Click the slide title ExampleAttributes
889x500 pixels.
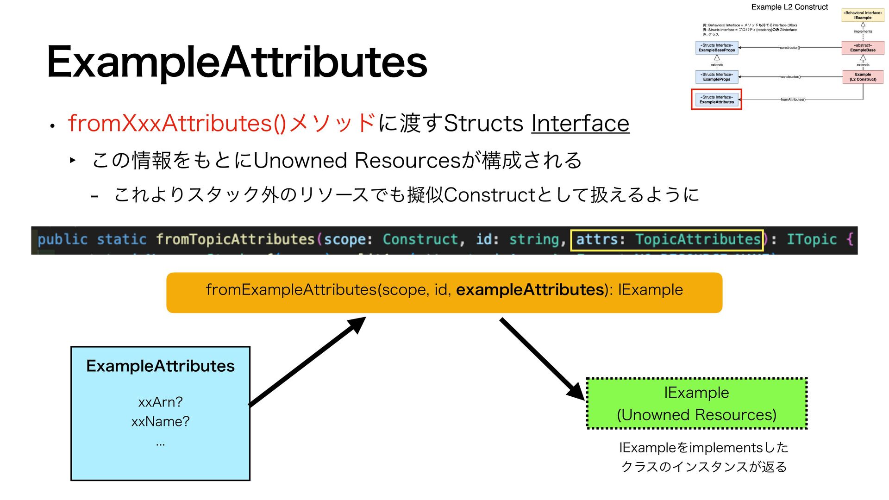coord(237,62)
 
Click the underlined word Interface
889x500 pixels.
coord(580,123)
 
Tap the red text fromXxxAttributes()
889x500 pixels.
coord(177,123)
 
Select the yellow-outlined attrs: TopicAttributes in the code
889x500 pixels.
coord(667,239)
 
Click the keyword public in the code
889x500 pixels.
coord(63,239)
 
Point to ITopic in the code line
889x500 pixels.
coord(811,239)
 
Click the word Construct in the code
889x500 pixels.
coord(420,239)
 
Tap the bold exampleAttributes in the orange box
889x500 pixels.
coord(530,290)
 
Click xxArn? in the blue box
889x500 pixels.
coord(160,402)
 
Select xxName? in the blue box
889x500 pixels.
coord(160,422)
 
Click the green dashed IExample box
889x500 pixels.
coord(696,404)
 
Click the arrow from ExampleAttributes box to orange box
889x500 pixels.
coord(307,361)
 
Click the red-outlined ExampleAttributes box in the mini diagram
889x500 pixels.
coord(716,100)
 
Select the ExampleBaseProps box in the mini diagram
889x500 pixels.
coord(716,48)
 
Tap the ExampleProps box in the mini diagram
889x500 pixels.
coord(716,77)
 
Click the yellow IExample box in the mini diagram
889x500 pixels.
coord(863,15)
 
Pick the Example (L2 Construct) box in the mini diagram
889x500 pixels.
coord(863,77)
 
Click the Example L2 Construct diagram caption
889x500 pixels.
coord(789,7)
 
